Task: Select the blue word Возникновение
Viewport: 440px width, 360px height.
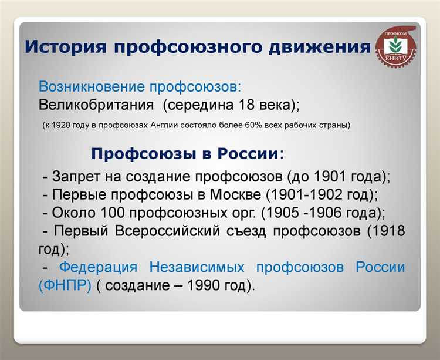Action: point(88,86)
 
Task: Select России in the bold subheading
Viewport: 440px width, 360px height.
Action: point(248,154)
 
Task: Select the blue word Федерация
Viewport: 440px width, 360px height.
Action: point(99,268)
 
